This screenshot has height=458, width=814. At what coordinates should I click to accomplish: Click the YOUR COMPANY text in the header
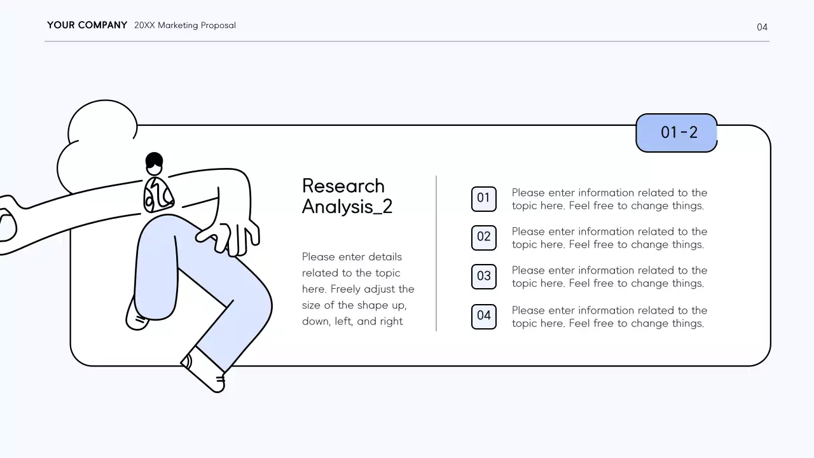coord(87,25)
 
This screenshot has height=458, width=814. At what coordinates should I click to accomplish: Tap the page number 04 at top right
coord(762,27)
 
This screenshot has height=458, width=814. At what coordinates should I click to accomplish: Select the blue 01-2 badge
coord(677,133)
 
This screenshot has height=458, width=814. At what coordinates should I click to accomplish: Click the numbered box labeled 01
coord(484,199)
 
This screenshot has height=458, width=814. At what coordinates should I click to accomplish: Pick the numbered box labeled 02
coord(484,238)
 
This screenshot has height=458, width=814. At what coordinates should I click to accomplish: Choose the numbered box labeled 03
coord(484,277)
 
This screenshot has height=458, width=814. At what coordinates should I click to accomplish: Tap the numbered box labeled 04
coord(484,316)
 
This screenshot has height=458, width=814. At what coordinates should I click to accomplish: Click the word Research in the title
coord(343,186)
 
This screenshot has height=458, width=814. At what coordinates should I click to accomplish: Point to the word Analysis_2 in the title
coord(347,207)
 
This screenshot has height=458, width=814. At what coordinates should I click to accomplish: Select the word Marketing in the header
coord(177,25)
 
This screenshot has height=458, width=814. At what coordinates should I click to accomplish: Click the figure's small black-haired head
coord(154,163)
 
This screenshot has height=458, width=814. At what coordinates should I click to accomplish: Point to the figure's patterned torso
coord(158,195)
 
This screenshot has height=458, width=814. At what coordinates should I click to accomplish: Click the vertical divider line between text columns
coord(436,253)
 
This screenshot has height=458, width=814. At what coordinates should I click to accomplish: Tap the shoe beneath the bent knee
coord(137,316)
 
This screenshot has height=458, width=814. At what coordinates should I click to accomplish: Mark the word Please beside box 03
coord(528,270)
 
